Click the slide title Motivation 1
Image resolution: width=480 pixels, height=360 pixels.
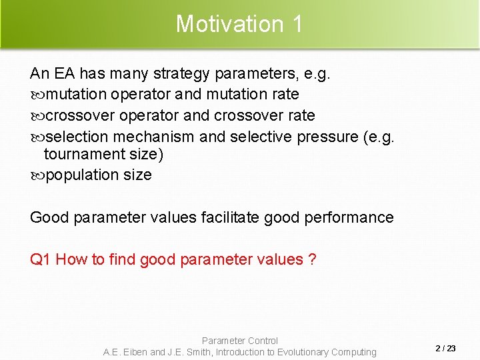[239, 24]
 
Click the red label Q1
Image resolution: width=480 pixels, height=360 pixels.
[41, 259]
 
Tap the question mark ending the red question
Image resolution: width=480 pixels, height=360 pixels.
[313, 259]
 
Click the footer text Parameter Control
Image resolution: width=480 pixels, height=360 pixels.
[239, 341]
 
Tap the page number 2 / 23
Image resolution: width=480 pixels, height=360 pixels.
[445, 349]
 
